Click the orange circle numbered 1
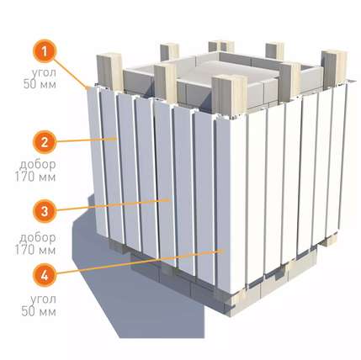click(x=45, y=51)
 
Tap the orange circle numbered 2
click(x=45, y=142)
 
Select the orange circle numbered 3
click(x=45, y=211)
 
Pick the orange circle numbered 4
click(x=45, y=275)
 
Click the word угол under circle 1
click(x=44, y=73)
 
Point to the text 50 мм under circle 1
click(x=40, y=84)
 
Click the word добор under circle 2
click(x=37, y=165)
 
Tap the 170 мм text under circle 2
click(x=35, y=177)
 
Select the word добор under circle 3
click(x=37, y=238)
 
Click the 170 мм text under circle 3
click(x=35, y=250)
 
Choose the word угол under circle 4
click(x=43, y=299)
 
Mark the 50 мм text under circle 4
click(x=39, y=312)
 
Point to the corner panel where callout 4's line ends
click(x=230, y=204)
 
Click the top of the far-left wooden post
click(x=109, y=56)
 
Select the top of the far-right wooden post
click(x=334, y=53)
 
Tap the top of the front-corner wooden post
click(x=229, y=78)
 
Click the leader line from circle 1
click(x=71, y=74)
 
